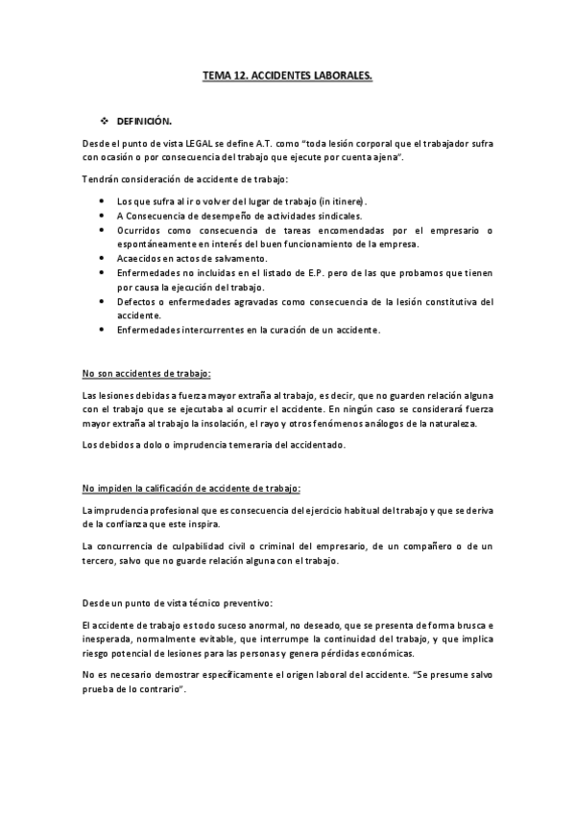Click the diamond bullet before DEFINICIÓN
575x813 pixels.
[x=107, y=122]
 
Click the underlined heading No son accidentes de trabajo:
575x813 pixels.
[x=146, y=373]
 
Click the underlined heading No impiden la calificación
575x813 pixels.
[x=191, y=487]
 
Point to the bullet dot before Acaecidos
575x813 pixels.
[x=103, y=259]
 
